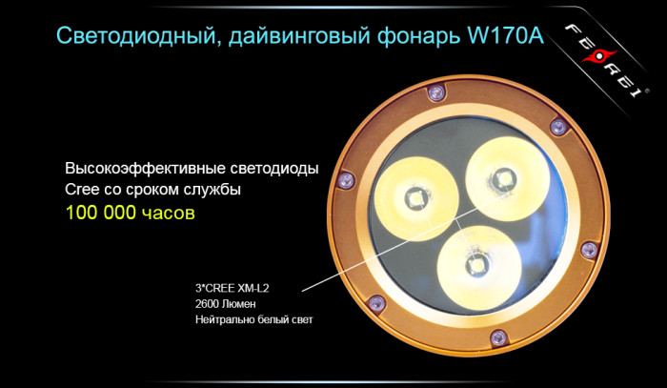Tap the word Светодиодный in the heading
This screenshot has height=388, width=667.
coord(122,37)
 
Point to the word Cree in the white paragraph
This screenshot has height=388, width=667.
coord(83,189)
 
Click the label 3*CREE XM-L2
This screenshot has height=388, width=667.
coord(234,285)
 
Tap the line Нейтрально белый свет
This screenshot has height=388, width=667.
coord(253,319)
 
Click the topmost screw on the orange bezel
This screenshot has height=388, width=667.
coord(437,92)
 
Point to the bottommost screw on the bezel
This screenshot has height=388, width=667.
coord(496,336)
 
